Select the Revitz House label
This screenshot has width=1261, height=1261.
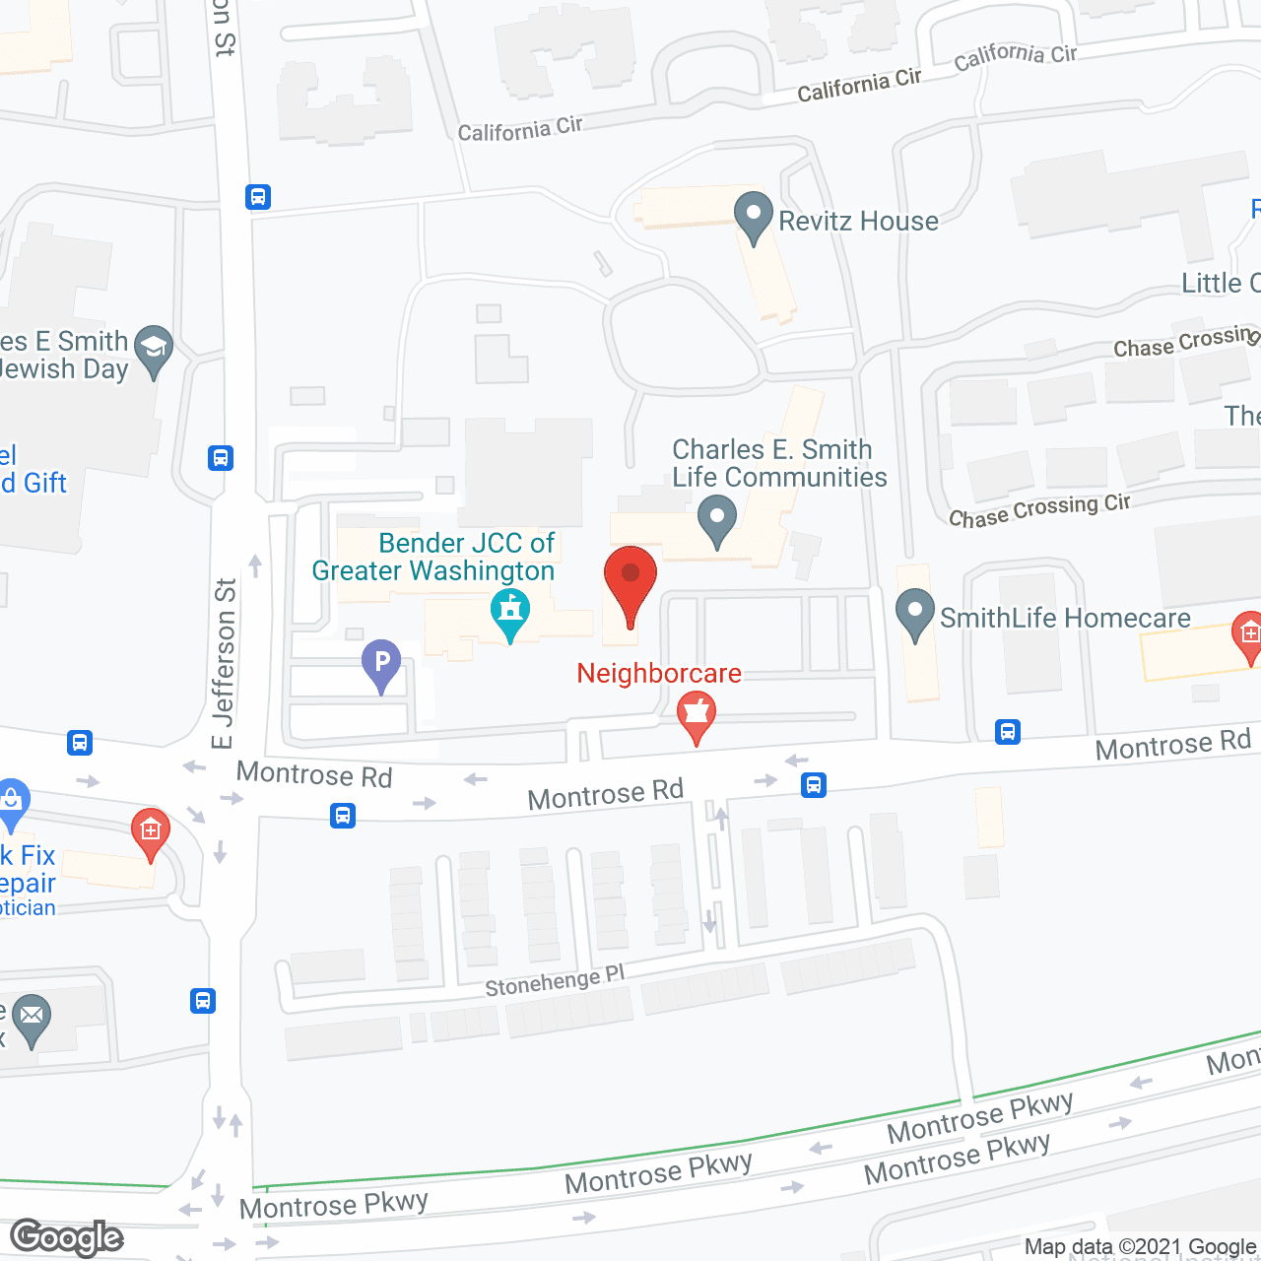[858, 221]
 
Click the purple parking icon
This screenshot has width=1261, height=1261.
[381, 664]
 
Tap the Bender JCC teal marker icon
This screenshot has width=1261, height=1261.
[510, 613]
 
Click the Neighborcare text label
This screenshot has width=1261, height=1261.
[659, 673]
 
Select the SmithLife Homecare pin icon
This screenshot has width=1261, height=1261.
[915, 614]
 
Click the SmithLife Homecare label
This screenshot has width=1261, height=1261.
[1065, 618]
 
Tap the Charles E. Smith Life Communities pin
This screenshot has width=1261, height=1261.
[717, 519]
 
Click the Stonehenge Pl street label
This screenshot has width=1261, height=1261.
[555, 981]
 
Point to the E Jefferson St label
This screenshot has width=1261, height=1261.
[225, 663]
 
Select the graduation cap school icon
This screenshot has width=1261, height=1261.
[154, 350]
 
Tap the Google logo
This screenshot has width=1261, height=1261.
[67, 1237]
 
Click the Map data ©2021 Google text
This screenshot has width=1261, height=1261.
[1141, 1246]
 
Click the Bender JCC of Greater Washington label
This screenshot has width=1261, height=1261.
[433, 557]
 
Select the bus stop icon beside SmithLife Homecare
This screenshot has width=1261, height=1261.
[1007, 732]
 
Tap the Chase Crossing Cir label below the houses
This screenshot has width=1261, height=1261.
[1039, 509]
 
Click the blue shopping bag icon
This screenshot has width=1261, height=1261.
[12, 802]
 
